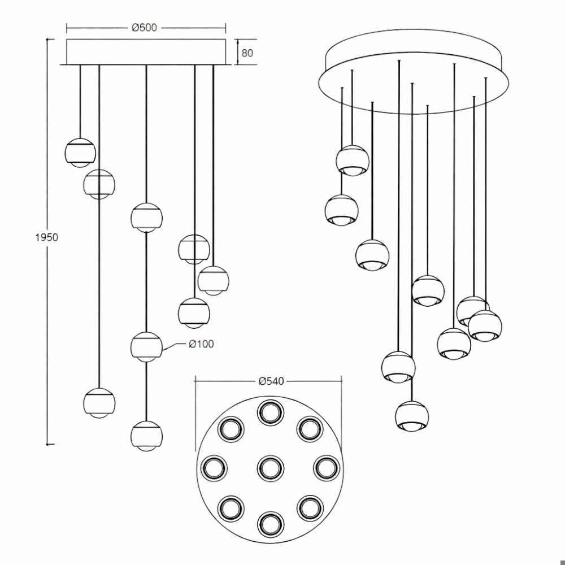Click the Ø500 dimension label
(x=145, y=27)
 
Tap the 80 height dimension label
(x=247, y=53)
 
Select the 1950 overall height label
(x=46, y=237)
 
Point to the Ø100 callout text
(x=202, y=344)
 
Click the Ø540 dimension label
(x=271, y=381)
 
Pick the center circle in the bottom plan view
(x=271, y=468)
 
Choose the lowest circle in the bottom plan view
(x=271, y=524)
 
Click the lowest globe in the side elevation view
(x=146, y=436)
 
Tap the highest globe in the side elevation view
(x=80, y=152)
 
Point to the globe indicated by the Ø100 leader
(x=146, y=347)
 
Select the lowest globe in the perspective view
(x=412, y=415)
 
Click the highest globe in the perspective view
(x=353, y=160)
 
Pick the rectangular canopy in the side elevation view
(x=146, y=52)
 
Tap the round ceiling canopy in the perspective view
(x=414, y=72)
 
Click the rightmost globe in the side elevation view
(x=214, y=281)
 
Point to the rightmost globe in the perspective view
(x=485, y=325)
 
